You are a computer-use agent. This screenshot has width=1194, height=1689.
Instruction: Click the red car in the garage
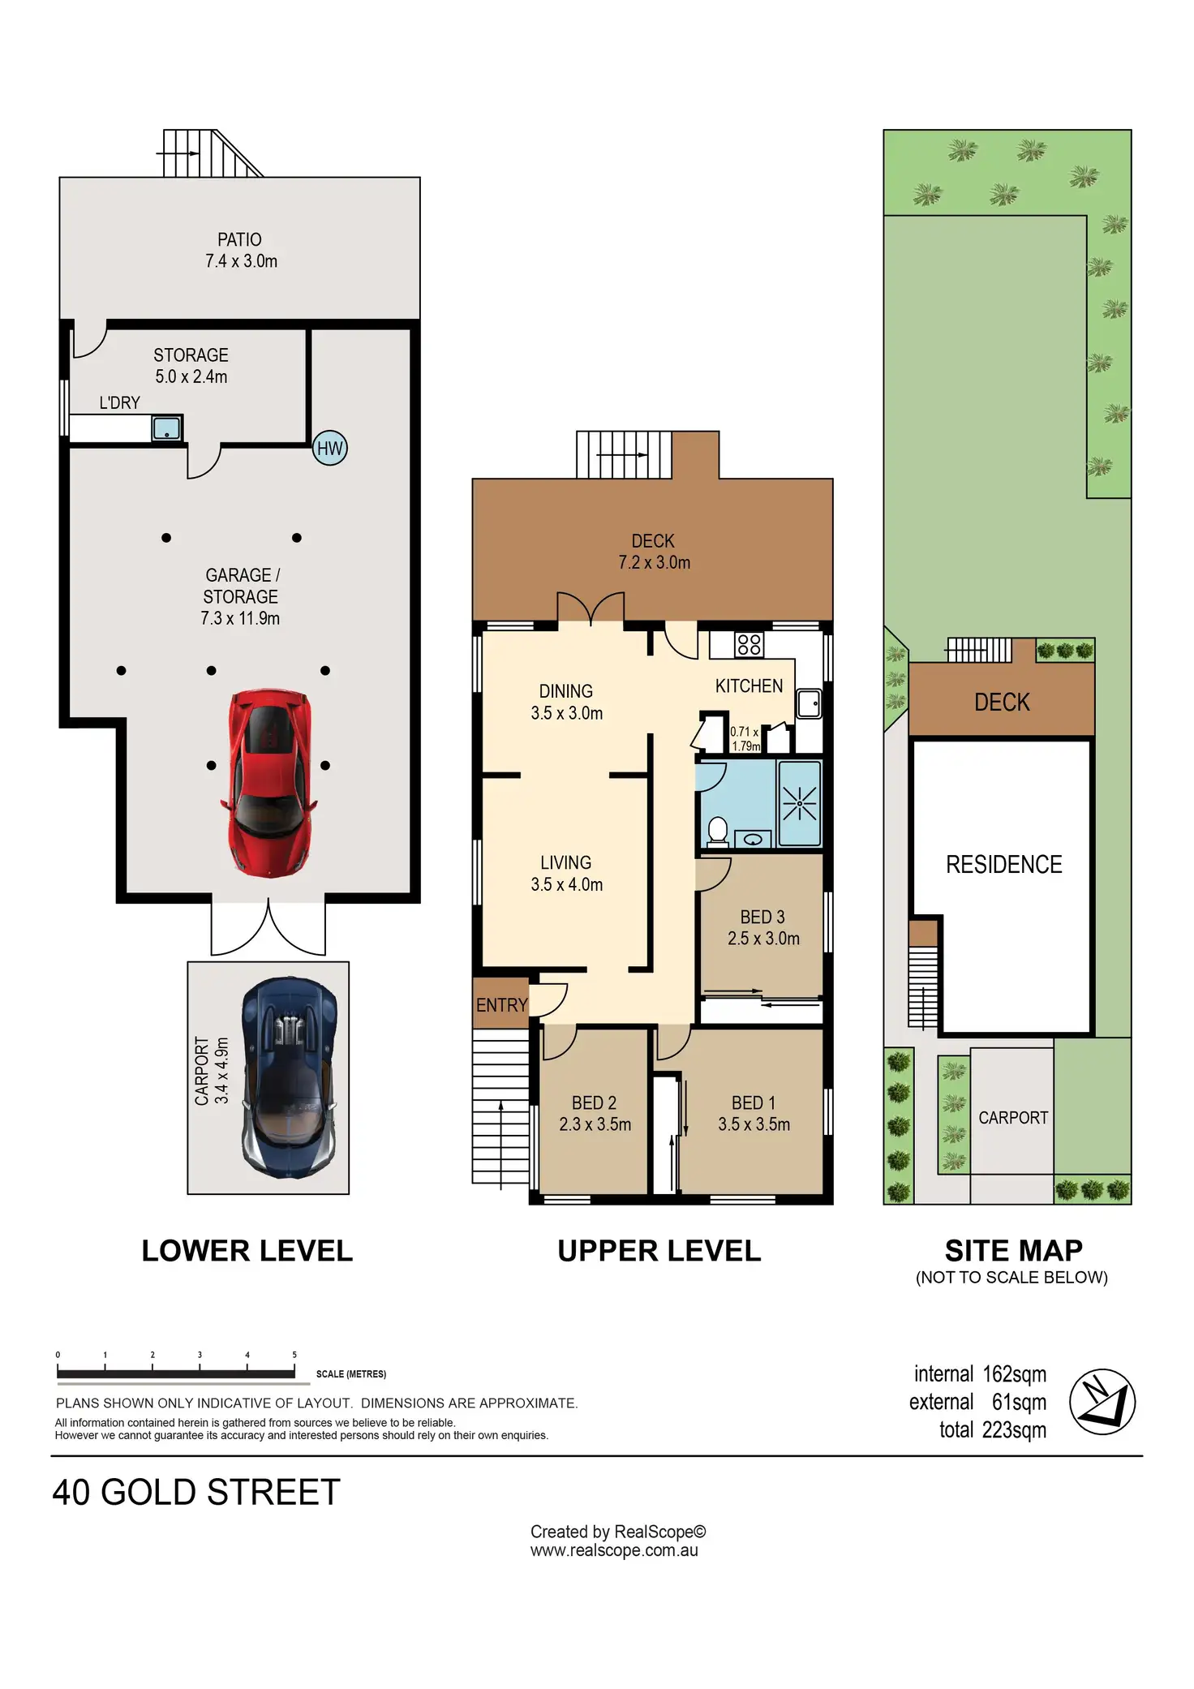tap(268, 783)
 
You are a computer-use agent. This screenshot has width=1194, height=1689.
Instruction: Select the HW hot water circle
tap(330, 448)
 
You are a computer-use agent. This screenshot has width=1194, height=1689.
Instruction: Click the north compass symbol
tap(1102, 1401)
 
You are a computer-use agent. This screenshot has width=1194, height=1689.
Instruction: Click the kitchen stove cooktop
tap(749, 645)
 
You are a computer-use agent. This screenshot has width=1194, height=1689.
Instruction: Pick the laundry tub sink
tap(167, 428)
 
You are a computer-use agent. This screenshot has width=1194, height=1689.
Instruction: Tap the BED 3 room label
tap(762, 917)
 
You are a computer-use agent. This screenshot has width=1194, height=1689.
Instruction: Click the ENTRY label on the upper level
tap(502, 1005)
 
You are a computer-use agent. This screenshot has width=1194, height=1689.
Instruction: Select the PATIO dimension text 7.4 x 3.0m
tap(241, 261)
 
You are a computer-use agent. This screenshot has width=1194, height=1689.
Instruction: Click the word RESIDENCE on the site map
tap(1004, 865)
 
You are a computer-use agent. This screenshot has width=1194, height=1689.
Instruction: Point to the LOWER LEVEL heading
tap(247, 1251)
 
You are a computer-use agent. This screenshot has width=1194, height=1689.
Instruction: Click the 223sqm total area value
tap(1014, 1430)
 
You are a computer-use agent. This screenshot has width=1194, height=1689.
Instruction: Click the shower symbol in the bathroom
tap(800, 804)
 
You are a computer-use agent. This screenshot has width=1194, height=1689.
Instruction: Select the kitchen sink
tap(810, 703)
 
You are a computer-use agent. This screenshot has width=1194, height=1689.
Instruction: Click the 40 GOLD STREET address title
tap(196, 1493)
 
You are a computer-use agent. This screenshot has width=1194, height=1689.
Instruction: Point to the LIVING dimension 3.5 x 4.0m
tap(567, 885)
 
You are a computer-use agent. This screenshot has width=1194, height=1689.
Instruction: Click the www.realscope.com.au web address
tap(614, 1551)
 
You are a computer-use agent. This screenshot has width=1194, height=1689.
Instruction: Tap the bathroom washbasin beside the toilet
tap(754, 839)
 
